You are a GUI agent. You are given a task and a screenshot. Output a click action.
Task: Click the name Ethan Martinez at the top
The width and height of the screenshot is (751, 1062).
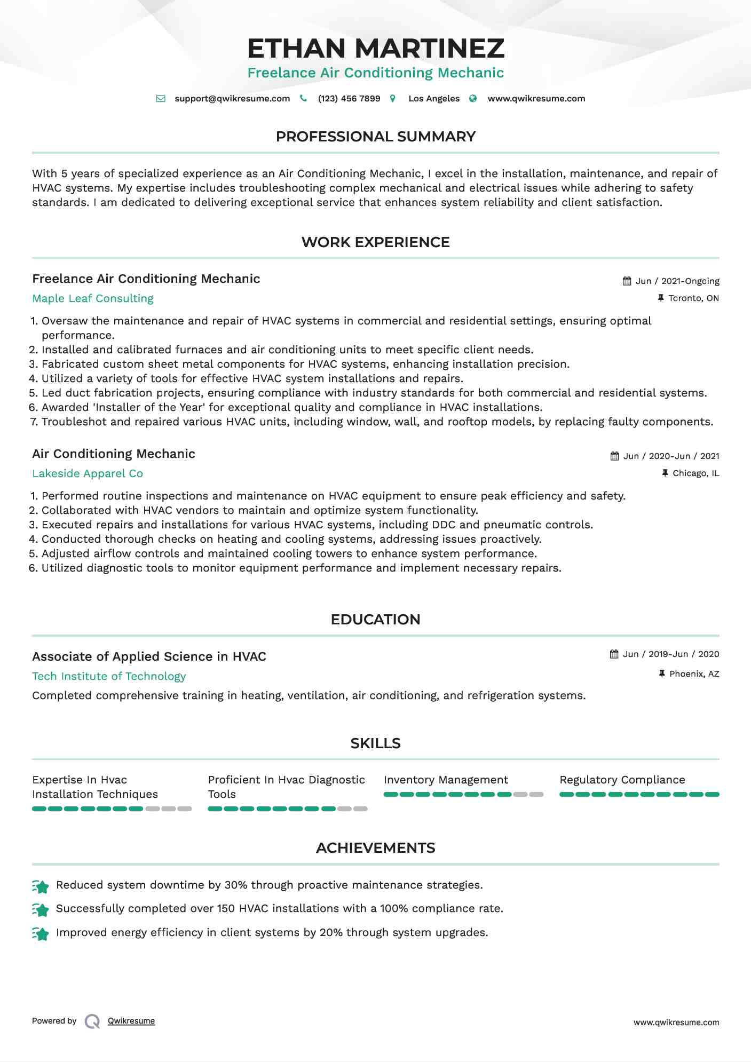point(375,49)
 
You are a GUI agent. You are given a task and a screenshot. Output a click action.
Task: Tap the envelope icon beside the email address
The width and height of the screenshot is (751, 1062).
point(161,99)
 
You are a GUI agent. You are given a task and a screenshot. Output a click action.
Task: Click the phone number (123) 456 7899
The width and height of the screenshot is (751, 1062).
point(349,99)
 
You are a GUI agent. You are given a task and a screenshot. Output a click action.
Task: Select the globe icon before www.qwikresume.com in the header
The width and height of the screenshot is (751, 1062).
point(473,99)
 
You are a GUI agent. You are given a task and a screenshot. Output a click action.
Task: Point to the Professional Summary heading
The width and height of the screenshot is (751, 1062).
point(375,137)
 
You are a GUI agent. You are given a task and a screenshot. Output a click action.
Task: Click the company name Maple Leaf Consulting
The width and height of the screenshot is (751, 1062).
point(93,298)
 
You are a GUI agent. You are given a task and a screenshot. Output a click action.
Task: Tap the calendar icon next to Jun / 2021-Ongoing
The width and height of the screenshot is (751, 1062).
point(627,281)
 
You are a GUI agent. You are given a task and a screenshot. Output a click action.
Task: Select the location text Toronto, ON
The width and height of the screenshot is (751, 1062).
point(693,298)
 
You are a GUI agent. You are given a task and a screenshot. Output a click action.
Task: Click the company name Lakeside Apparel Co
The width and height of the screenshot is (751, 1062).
point(88,473)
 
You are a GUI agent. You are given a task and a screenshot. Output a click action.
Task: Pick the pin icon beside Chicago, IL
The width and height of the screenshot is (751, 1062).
point(665,473)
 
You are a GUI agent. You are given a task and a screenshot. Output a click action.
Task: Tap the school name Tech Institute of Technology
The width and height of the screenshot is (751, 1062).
point(109,676)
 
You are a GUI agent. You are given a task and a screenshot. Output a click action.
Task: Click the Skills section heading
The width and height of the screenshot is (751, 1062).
point(375,743)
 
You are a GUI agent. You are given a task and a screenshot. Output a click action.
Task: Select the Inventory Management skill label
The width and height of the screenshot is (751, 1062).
point(446,780)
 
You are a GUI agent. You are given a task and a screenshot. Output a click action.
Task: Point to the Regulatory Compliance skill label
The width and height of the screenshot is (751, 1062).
point(622,780)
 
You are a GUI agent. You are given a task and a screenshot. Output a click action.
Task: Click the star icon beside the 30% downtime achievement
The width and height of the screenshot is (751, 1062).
point(41,886)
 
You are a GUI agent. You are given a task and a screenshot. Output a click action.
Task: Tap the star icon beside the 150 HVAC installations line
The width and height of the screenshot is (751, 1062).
point(41,910)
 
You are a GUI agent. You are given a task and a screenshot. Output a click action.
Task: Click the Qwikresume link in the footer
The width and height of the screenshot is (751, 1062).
point(131,1021)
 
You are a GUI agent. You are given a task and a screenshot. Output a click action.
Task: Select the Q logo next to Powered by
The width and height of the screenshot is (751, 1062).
point(92,1021)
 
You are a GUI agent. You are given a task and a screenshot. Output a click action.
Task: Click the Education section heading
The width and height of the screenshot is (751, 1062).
point(375,620)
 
